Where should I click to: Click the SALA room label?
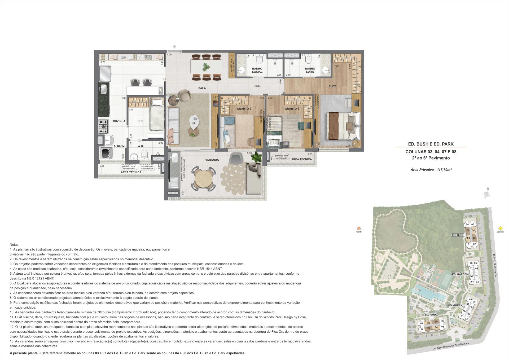[x=202, y=88]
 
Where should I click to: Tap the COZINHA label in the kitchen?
[x=119, y=121]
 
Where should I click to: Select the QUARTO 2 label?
[x=244, y=109]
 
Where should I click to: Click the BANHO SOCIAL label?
[x=257, y=70]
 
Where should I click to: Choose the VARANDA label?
[x=212, y=160]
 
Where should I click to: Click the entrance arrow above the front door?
[x=174, y=47]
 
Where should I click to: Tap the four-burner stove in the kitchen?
[x=103, y=126]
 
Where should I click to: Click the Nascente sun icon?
[x=501, y=228]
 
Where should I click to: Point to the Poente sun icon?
[x=359, y=228]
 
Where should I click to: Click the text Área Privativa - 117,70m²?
[x=431, y=169]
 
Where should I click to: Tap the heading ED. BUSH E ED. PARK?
[x=431, y=144]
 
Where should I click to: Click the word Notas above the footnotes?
[x=14, y=244]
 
